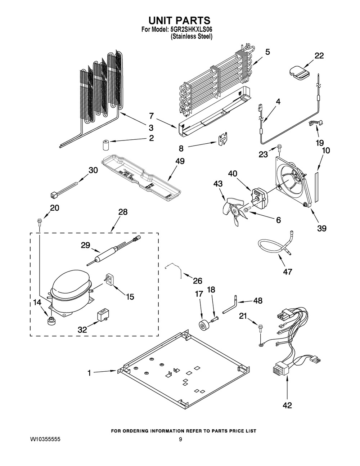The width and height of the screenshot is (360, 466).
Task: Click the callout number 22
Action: [x=319, y=55]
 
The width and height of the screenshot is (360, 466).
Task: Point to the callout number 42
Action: [x=287, y=405]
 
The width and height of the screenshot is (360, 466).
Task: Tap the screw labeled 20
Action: [x=39, y=221]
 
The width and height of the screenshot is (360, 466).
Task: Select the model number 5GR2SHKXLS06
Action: [x=192, y=30]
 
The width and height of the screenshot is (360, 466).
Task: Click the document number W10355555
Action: [x=46, y=440]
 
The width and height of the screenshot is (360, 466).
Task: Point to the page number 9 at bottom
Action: [x=181, y=440]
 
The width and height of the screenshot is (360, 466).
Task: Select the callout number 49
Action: [x=180, y=161]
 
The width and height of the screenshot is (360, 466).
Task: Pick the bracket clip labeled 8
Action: [x=224, y=139]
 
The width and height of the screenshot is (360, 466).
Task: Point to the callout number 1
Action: [x=89, y=373]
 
